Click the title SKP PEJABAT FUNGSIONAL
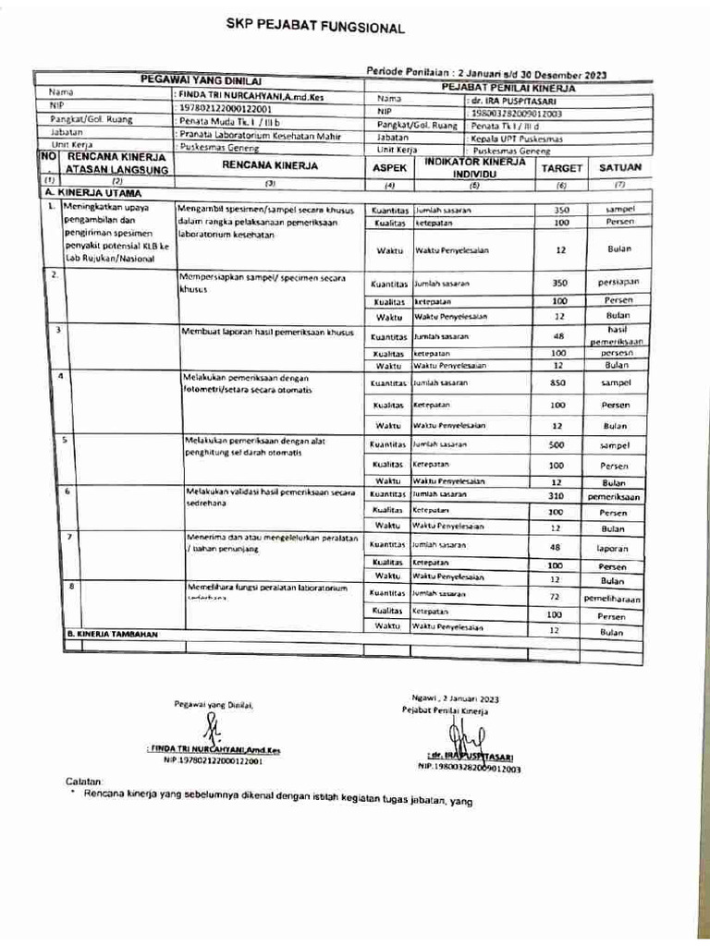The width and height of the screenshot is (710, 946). coord(316,28)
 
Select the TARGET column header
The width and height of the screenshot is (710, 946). coord(560,169)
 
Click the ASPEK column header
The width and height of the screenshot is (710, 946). coord(388,170)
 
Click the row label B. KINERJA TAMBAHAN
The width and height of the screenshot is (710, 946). coord(113,635)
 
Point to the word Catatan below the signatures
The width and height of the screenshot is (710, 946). coord(89,781)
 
